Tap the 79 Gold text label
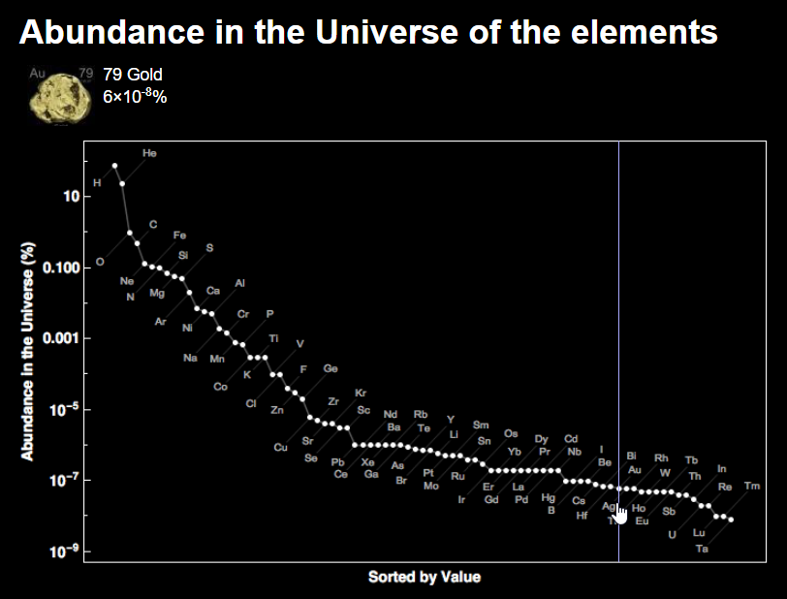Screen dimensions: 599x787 click(133, 75)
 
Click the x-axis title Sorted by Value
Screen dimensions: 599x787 click(424, 578)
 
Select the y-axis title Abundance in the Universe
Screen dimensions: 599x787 click(28, 351)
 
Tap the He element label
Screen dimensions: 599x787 click(149, 153)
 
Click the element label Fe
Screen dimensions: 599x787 click(179, 236)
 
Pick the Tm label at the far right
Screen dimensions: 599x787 click(752, 486)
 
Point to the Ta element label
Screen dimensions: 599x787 click(703, 550)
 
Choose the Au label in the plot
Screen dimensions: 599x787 click(635, 470)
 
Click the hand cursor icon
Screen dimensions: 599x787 click(621, 513)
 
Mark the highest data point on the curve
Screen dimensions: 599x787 click(114, 166)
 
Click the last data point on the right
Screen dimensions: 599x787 click(731, 520)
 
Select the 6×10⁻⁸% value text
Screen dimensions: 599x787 click(135, 96)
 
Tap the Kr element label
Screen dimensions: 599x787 click(361, 394)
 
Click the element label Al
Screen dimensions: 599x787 click(239, 283)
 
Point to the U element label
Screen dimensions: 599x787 click(672, 534)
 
